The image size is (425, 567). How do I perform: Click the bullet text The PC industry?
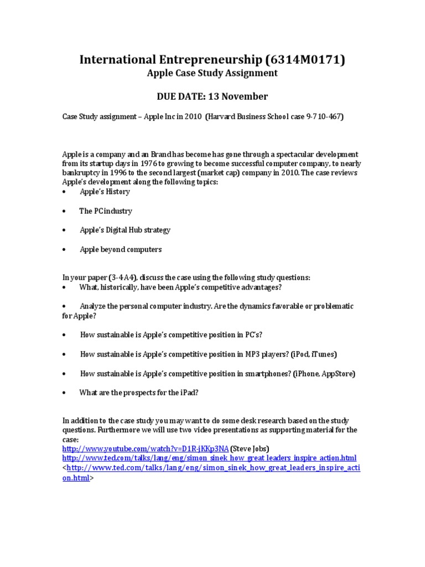coord(106,211)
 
